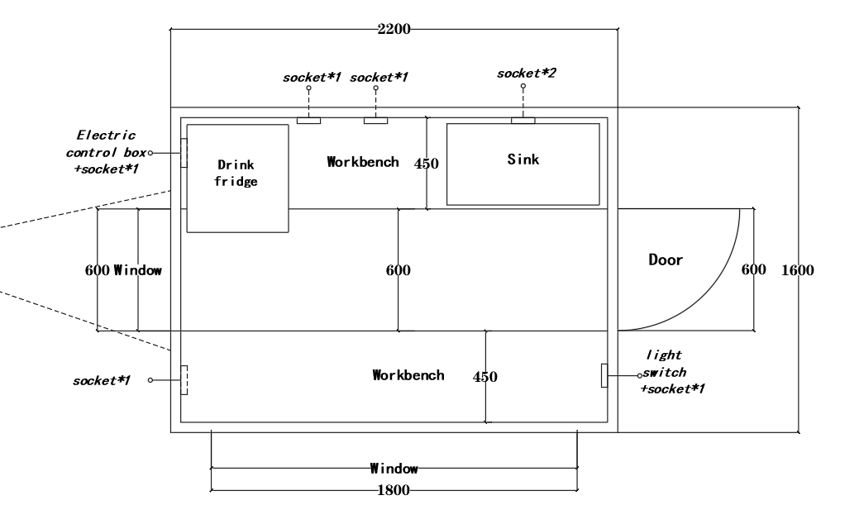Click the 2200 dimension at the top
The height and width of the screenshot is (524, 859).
click(394, 30)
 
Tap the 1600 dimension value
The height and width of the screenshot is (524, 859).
click(798, 270)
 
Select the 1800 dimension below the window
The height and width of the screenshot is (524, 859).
click(394, 490)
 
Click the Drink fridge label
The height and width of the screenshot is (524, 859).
click(237, 173)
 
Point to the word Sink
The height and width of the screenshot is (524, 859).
click(523, 160)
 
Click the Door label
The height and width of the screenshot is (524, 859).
click(666, 260)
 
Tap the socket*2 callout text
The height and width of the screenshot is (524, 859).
click(526, 74)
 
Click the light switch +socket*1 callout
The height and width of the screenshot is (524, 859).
click(673, 372)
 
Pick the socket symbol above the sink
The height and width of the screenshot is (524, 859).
click(523, 121)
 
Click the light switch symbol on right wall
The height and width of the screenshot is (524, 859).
click(604, 374)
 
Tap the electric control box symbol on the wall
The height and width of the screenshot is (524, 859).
click(184, 153)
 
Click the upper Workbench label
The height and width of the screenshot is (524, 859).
click(362, 161)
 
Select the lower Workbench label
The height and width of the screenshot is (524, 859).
click(408, 375)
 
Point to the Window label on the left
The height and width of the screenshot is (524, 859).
click(137, 270)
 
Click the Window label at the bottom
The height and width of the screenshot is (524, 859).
click(394, 469)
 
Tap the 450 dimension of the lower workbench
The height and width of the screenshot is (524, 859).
click(485, 377)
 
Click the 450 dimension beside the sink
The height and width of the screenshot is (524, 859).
click(426, 164)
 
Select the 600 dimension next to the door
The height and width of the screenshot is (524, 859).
click(753, 270)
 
